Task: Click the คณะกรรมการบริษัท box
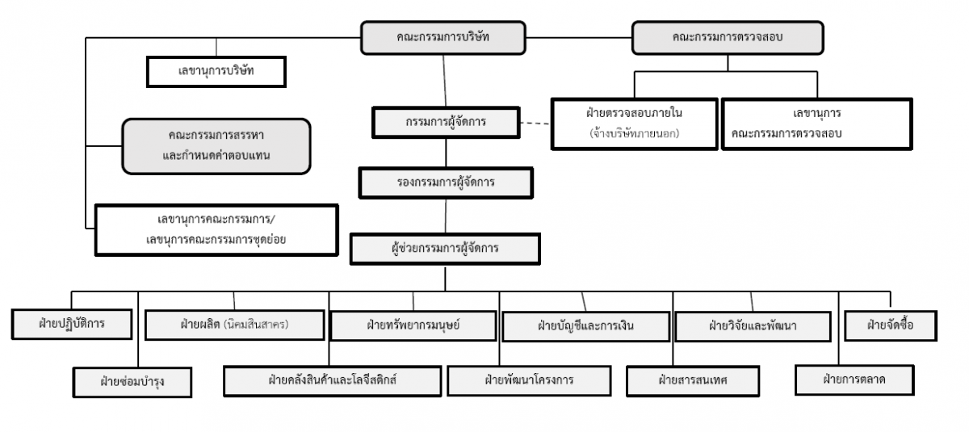tap(443, 38)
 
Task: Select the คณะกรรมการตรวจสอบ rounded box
tap(728, 38)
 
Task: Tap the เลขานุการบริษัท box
tap(216, 72)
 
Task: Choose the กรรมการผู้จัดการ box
tap(446, 123)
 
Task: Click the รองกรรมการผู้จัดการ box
tap(446, 183)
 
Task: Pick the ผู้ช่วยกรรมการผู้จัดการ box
tap(445, 249)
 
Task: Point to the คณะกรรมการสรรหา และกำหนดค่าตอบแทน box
tap(216, 146)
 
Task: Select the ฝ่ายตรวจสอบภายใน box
tap(634, 124)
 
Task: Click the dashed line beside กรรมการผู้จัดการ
tap(535, 124)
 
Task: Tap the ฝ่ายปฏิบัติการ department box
tap(72, 325)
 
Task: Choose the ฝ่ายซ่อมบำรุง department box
tap(132, 382)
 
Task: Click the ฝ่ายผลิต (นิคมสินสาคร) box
tap(234, 325)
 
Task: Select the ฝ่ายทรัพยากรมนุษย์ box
tap(413, 325)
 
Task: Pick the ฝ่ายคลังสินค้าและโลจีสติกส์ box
tap(332, 381)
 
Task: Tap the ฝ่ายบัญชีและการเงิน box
tap(585, 326)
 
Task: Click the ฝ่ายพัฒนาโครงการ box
tap(529, 381)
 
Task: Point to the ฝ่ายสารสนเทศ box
tap(693, 381)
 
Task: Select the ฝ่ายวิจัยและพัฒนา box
tap(753, 326)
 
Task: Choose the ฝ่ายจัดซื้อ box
tap(891, 325)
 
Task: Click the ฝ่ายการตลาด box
tap(854, 380)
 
